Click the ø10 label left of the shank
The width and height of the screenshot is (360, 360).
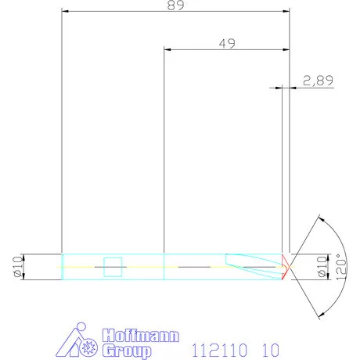click(17, 266)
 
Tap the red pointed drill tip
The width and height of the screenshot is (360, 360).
click(286, 266)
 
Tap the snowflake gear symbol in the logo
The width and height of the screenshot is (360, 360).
click(88, 347)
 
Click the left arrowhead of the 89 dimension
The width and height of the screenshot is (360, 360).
click(65, 12)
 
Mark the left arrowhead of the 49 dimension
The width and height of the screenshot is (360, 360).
click(167, 49)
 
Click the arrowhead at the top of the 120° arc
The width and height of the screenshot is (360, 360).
click(319, 217)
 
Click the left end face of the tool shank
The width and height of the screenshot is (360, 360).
click(62, 266)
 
